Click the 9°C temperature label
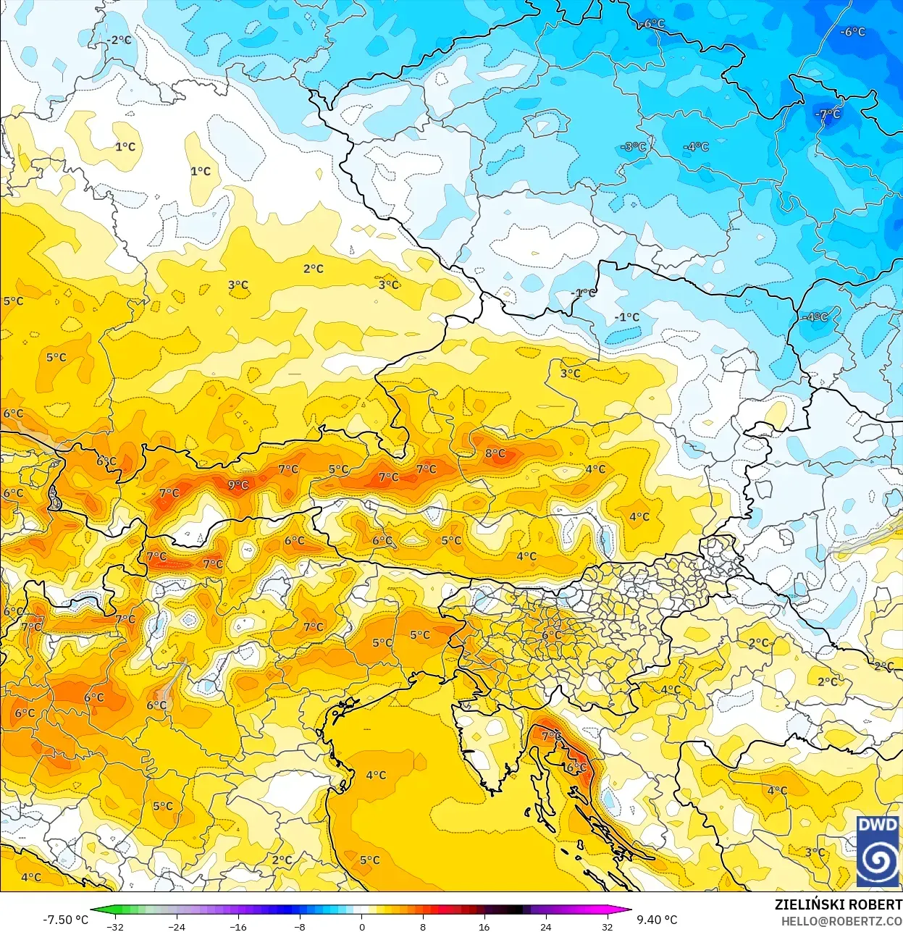pos(238,485)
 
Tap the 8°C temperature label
pos(495,454)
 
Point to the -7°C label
pos(828,114)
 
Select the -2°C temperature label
pos(119,41)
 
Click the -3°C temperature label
pos(634,147)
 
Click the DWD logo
pos(878,851)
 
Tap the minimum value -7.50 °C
pos(65,920)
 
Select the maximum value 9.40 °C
pos(657,920)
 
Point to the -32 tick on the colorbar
pos(114,926)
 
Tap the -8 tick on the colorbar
pos(300,926)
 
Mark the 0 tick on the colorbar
pos(361,926)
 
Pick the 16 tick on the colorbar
pos(484,926)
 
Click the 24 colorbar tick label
pos(546,926)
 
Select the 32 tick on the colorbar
pos(608,926)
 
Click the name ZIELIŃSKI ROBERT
pos(838,904)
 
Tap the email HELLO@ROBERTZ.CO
pos(841,921)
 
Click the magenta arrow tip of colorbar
pos(628,910)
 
